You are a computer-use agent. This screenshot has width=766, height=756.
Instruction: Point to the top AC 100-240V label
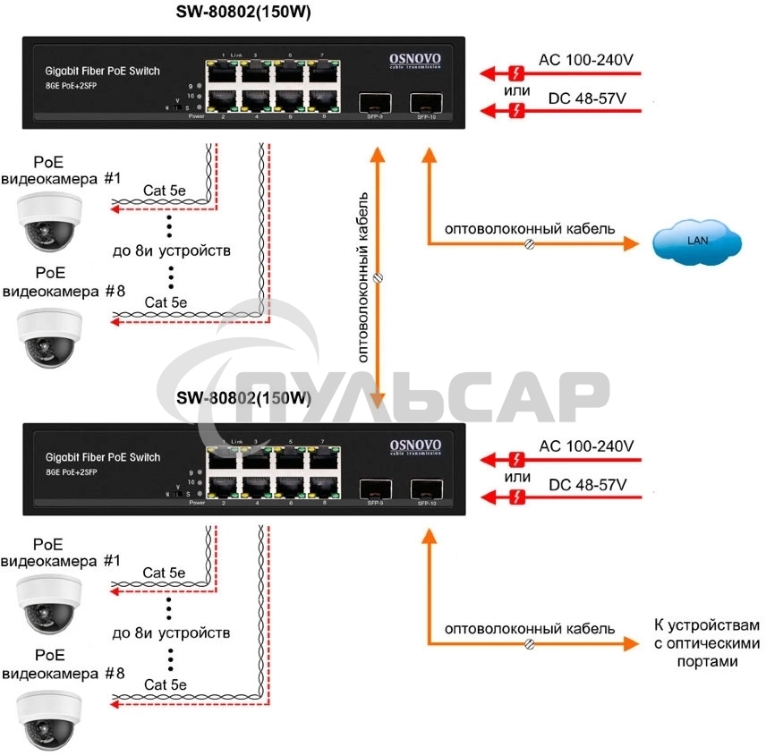click(x=585, y=60)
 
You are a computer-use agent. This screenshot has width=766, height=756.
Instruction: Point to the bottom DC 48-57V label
click(x=587, y=484)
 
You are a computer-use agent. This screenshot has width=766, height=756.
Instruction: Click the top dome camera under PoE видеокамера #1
click(x=49, y=221)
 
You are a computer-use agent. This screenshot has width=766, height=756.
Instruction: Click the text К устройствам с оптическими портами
click(x=706, y=643)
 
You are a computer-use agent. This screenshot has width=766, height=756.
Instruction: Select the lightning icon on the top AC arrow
click(x=515, y=72)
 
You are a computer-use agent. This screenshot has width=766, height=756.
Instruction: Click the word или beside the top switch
click(x=515, y=91)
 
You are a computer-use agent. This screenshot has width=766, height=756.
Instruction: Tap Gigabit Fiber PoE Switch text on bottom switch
click(x=102, y=457)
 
